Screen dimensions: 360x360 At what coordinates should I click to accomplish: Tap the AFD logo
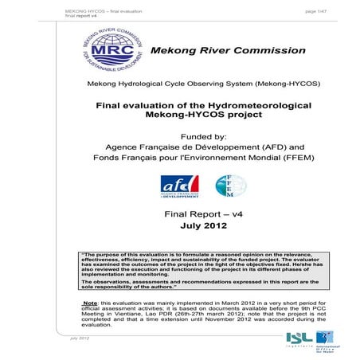pyautogui.click(x=177, y=187)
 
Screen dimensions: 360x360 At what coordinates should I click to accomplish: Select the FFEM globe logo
pyautogui.click(x=228, y=186)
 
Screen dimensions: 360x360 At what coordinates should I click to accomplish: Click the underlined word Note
pyautogui.click(x=93, y=303)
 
